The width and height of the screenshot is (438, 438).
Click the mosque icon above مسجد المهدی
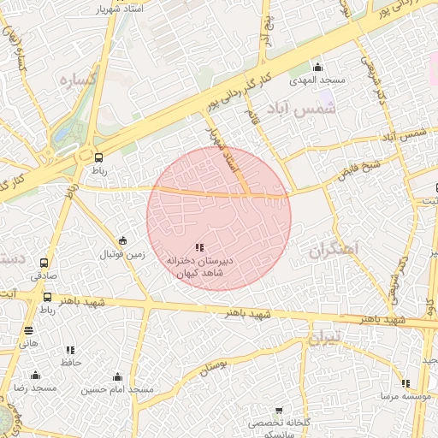319,68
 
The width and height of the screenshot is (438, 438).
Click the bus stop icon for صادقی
44,263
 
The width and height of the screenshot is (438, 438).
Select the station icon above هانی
29,330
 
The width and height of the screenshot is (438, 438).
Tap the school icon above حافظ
70,350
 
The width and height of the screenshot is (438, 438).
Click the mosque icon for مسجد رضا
35,375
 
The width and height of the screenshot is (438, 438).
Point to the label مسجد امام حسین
117,390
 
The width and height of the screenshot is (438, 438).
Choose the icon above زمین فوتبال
123,240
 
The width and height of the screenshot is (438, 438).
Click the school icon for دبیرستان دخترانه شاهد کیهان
199,247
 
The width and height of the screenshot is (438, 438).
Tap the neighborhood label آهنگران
335,252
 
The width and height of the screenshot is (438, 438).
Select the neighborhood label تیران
325,338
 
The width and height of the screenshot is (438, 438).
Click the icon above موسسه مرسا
405,384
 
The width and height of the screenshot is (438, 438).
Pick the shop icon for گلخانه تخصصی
278,411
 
